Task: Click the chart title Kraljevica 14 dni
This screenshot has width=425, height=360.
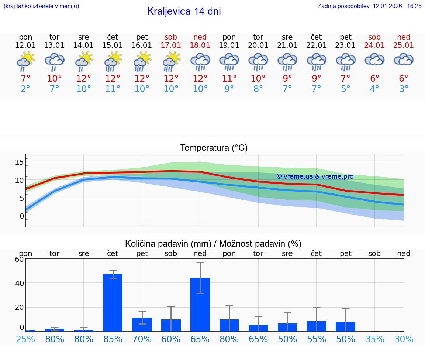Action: (x=184, y=11)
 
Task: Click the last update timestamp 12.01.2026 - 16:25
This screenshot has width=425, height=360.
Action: (x=392, y=6)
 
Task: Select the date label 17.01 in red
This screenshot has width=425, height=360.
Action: (x=171, y=45)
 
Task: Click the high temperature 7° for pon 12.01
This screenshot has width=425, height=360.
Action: (x=25, y=79)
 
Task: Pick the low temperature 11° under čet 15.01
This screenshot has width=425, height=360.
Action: (x=113, y=89)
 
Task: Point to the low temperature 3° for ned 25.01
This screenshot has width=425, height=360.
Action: (x=404, y=89)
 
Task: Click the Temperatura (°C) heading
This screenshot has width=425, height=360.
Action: (x=214, y=148)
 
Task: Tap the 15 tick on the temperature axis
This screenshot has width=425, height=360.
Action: (x=19, y=162)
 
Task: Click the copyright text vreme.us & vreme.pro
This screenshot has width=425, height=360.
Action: (x=315, y=176)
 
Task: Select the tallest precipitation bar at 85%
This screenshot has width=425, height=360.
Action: (x=113, y=302)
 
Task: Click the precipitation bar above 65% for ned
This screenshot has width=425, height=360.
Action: (x=200, y=304)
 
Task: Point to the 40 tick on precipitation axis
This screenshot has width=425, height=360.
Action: (x=19, y=283)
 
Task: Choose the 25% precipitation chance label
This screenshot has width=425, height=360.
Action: (x=25, y=339)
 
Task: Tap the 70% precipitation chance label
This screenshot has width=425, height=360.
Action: (x=142, y=339)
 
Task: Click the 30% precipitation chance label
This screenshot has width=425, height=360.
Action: (x=404, y=339)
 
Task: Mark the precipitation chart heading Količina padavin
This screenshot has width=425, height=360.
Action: (x=213, y=244)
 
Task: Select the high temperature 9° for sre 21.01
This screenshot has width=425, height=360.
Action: (x=287, y=79)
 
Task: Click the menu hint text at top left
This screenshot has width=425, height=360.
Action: (x=41, y=6)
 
